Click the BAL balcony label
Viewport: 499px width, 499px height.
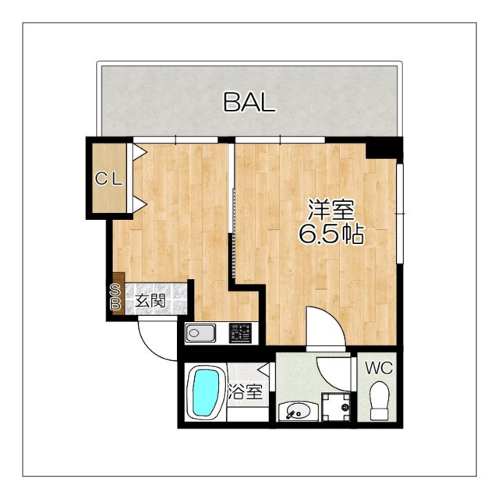point(249,102)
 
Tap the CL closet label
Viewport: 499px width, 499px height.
point(109,179)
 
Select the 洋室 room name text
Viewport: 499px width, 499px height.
point(331,210)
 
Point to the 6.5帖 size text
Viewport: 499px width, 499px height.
point(331,234)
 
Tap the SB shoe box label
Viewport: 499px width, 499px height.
point(115,297)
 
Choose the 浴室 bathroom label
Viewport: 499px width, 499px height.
point(246,392)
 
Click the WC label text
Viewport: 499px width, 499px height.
point(379,368)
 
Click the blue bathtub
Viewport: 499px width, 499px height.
point(206,393)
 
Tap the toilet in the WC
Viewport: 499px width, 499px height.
point(380,401)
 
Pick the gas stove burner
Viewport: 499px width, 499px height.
point(241,333)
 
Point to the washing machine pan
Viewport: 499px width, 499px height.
point(335,406)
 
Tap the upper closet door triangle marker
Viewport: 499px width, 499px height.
point(139,152)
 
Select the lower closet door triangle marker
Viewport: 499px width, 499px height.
point(139,204)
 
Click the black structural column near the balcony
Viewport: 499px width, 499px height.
point(384,147)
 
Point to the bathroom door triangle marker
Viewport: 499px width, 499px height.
point(263,370)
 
